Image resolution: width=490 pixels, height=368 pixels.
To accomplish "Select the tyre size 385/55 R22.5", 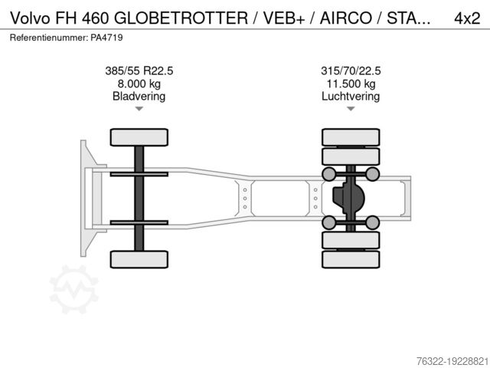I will tap(139, 71).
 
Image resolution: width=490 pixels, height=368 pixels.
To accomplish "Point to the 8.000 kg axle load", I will tap(139, 84).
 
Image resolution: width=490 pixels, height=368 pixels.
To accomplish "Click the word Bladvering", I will tap(139, 97).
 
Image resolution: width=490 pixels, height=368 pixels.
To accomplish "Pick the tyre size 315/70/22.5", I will tap(351, 71).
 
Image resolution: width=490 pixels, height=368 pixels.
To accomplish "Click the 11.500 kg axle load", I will tap(351, 84).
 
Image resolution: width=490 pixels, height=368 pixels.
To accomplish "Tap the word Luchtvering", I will tap(351, 97).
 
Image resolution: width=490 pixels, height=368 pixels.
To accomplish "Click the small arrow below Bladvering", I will tap(139, 110).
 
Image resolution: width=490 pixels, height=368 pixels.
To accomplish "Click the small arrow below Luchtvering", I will tap(351, 110).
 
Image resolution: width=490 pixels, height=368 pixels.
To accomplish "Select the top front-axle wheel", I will tap(139, 137).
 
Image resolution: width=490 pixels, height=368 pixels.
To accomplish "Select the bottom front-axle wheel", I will tap(139, 259).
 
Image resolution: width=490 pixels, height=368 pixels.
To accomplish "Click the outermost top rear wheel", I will tap(351, 136).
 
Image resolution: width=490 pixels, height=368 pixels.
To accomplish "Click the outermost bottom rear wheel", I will tap(351, 260).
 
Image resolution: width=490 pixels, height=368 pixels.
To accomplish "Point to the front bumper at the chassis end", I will tap(86, 198).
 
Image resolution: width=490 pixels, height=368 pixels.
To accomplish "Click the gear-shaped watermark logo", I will tap(74, 289).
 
